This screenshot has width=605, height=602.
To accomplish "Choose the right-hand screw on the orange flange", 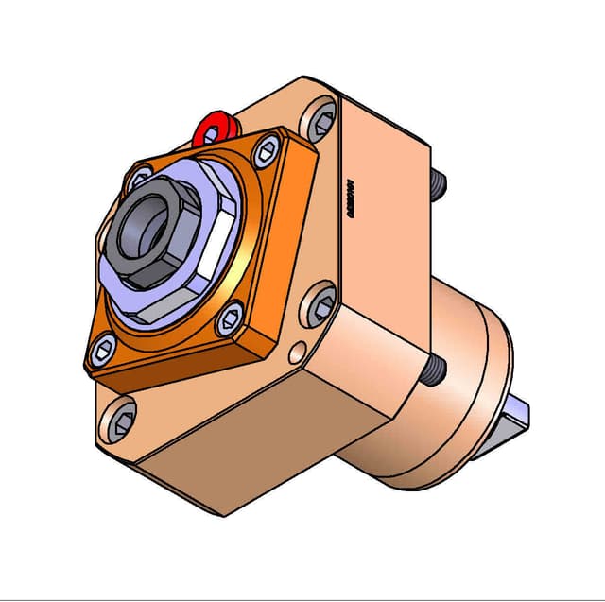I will pyautogui.click(x=231, y=319).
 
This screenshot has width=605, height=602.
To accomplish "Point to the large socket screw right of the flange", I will pyautogui.click(x=320, y=303).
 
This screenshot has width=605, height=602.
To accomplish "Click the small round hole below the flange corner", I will pyautogui.click(x=297, y=353).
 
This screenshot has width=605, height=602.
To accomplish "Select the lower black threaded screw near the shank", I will pyautogui.click(x=433, y=370).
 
